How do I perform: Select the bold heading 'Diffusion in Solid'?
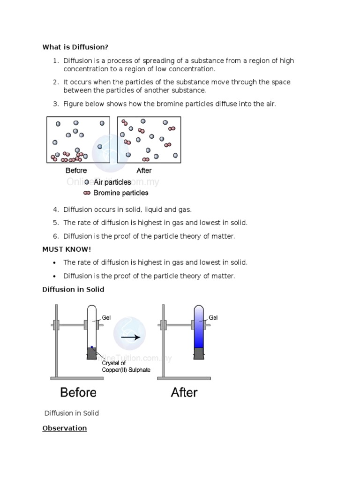click(x=73, y=290)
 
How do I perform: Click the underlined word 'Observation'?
click(x=65, y=428)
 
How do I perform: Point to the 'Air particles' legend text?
click(x=112, y=182)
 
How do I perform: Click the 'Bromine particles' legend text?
click(x=121, y=193)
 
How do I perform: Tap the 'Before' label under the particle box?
click(x=76, y=171)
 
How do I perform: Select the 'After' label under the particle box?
click(x=144, y=171)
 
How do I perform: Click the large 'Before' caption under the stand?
click(x=78, y=392)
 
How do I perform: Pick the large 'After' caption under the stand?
click(x=184, y=392)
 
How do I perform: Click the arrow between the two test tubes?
click(x=131, y=337)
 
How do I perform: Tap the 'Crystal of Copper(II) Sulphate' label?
click(x=120, y=366)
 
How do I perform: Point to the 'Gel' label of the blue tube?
click(x=213, y=317)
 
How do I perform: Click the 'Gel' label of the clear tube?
click(x=106, y=317)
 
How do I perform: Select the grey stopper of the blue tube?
click(x=199, y=353)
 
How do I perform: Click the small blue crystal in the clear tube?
click(x=92, y=347)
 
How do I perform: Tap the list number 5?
click(x=55, y=223)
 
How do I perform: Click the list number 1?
click(x=55, y=61)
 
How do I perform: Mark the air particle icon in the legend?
click(x=87, y=182)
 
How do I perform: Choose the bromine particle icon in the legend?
click(x=87, y=193)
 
